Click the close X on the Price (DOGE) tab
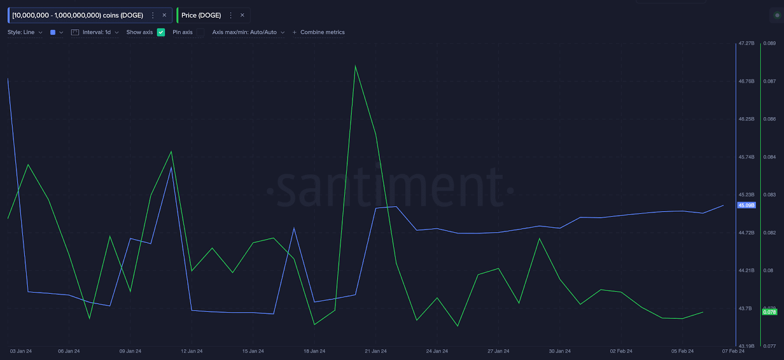[242, 15]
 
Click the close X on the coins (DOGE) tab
[164, 15]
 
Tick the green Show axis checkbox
[161, 32]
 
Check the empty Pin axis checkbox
[200, 32]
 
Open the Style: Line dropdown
[25, 32]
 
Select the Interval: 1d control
[96, 32]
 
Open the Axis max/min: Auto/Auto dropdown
[248, 32]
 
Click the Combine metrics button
[319, 32]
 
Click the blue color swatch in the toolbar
[53, 32]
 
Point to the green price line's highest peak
[355, 66]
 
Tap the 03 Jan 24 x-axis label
[21, 351]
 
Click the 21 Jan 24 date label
[376, 351]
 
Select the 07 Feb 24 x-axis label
[733, 351]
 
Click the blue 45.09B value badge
[746, 205]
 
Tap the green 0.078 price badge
[770, 312]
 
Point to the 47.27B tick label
[746, 44]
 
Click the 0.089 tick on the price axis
[769, 44]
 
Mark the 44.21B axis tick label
[746, 270]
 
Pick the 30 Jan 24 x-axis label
[560, 351]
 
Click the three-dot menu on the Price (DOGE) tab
[231, 15]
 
